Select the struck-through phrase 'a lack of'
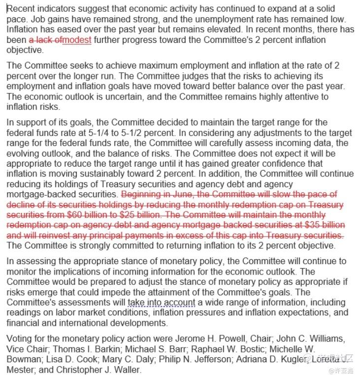point(45,40)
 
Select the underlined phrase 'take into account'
point(161,302)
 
